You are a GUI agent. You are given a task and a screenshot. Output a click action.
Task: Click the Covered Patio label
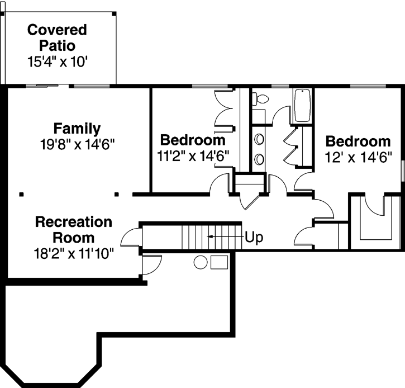(x=57, y=37)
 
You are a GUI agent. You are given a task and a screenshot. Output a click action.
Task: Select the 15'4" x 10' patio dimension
(x=57, y=61)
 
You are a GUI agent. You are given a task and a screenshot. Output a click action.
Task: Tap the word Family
(x=77, y=128)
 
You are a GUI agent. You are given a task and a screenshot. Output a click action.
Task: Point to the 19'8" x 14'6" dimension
(x=77, y=144)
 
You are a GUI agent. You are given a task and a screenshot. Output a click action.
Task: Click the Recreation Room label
(x=73, y=229)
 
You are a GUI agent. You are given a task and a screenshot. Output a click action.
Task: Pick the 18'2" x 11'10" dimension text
(x=73, y=253)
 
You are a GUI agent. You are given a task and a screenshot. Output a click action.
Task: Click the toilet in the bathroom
(x=260, y=100)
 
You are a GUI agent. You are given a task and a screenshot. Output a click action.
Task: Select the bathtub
(x=302, y=105)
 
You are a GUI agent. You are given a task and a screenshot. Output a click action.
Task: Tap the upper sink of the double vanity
(x=260, y=138)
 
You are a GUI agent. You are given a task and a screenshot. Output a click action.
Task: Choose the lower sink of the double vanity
(x=260, y=159)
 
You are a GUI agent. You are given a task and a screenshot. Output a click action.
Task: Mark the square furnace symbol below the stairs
(x=219, y=262)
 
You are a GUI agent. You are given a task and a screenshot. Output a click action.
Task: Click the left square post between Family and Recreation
(x=21, y=195)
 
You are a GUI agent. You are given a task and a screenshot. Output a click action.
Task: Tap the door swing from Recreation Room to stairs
(x=131, y=238)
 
